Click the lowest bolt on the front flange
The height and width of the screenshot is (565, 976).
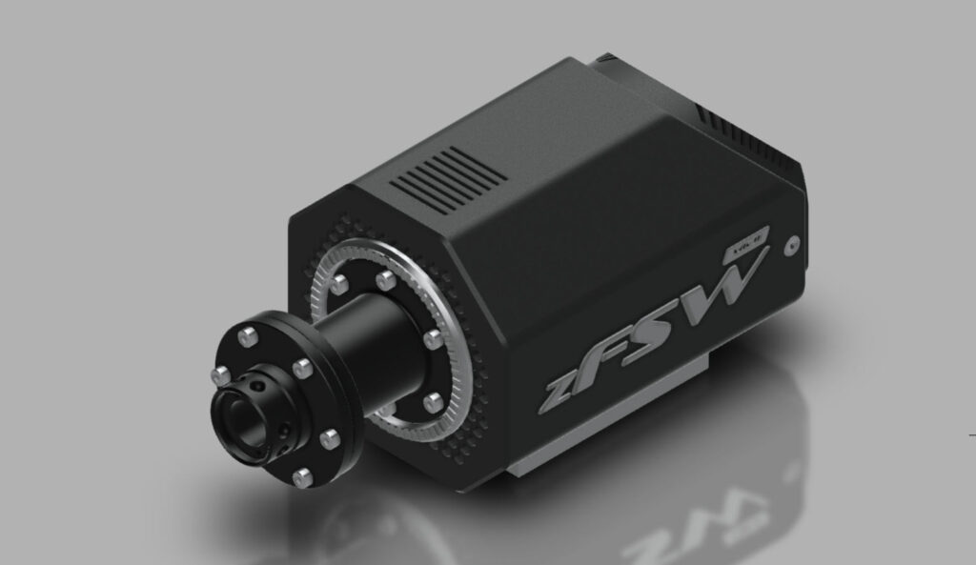click(x=303, y=474)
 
